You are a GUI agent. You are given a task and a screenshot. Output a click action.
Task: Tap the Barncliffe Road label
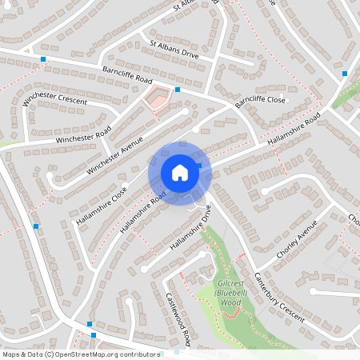[127, 76]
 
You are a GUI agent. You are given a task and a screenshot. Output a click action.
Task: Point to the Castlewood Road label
[177, 318]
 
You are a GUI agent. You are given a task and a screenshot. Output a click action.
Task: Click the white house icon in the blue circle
[179, 172]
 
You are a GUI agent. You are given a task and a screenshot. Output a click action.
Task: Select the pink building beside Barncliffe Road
[155, 98]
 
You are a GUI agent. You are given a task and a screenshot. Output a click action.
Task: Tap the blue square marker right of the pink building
[178, 90]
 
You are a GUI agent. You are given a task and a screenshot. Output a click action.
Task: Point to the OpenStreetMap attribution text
[81, 354]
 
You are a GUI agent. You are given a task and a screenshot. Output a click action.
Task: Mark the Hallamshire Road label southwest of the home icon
[143, 212]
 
